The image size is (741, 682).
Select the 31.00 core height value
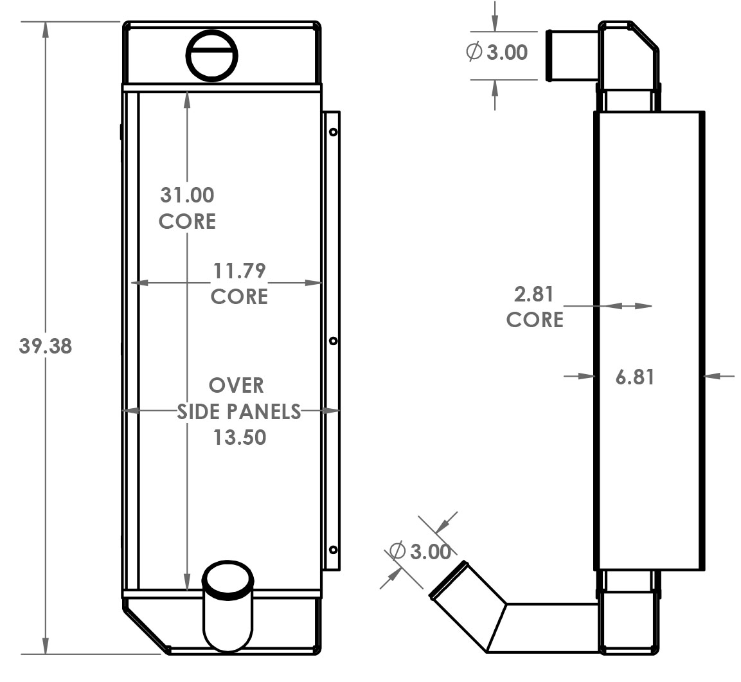(187, 194)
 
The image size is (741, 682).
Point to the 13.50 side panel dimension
(239, 437)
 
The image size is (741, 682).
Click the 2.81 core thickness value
(533, 294)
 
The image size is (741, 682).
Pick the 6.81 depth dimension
(635, 377)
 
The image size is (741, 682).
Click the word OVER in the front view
(237, 385)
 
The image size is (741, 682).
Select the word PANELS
(269, 411)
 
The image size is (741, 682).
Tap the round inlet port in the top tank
(211, 55)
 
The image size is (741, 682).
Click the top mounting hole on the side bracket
(334, 132)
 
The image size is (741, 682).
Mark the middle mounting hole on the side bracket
(334, 341)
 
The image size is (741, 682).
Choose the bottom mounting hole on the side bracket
(334, 549)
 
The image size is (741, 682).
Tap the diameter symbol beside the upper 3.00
(474, 52)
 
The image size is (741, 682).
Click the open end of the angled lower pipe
(448, 580)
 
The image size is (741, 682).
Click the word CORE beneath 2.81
(535, 319)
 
